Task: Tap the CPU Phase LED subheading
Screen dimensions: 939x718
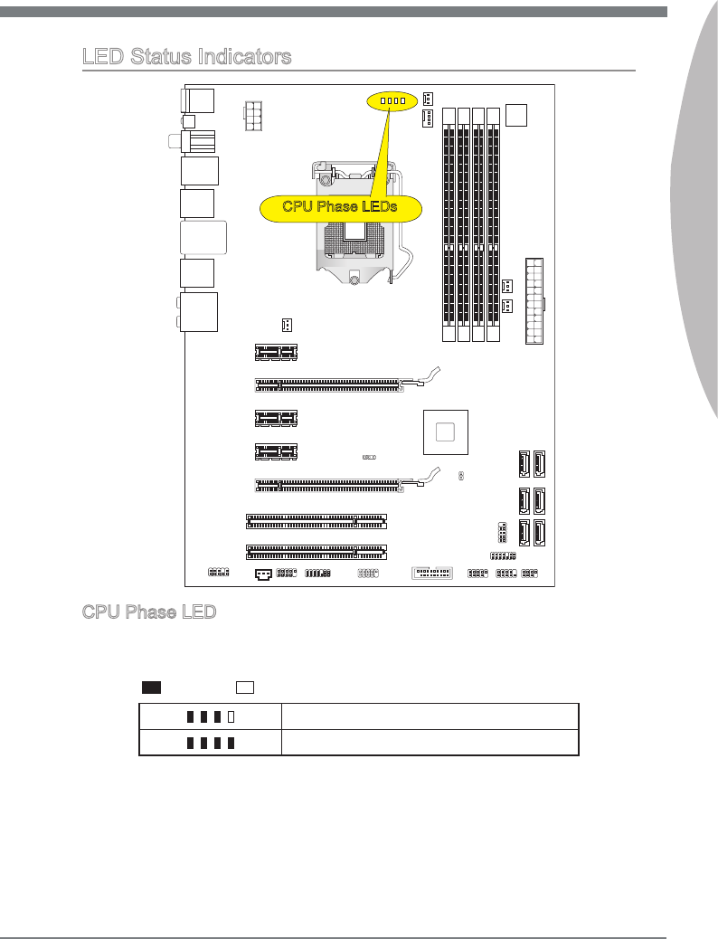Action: click(149, 612)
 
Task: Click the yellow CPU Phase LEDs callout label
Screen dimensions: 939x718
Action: click(340, 207)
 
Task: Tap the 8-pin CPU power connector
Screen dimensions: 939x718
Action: click(256, 116)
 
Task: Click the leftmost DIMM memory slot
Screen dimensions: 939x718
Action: click(449, 223)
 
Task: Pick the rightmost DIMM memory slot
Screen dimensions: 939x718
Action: click(493, 223)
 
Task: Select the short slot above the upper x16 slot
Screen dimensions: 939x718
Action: click(276, 350)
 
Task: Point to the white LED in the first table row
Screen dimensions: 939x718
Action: click(231, 716)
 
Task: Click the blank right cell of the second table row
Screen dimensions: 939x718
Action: click(429, 743)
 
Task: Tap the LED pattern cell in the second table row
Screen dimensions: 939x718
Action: click(210, 743)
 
